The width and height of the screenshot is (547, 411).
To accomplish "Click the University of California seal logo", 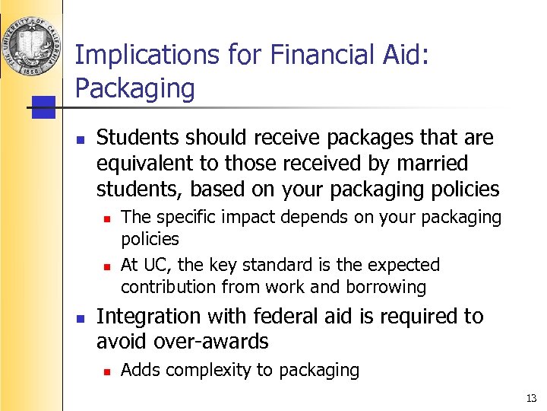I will tap(30, 43).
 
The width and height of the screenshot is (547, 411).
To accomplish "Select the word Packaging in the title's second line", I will tap(134, 88).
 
